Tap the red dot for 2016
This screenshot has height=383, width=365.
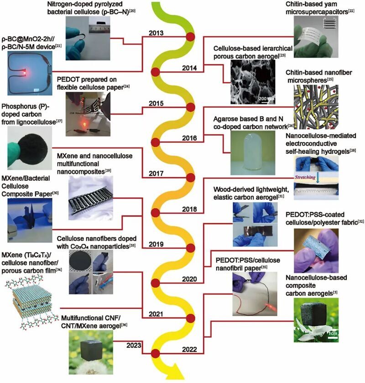coord(155,142)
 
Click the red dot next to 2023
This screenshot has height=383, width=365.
coord(155,352)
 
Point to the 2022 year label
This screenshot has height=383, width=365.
coord(188,350)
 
